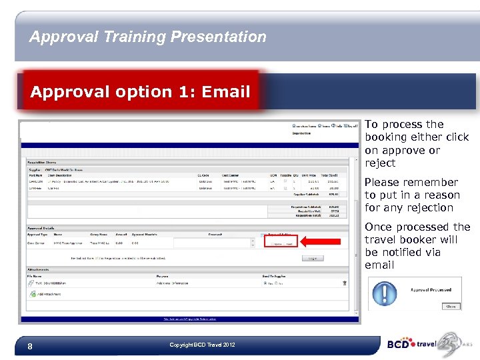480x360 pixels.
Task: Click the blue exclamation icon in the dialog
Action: pos(385,294)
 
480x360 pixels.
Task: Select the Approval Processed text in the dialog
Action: pos(431,289)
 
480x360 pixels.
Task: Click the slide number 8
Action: pos(30,346)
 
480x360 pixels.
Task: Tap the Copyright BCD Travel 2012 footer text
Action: pos(202,345)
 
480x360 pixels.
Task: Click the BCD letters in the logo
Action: pos(399,345)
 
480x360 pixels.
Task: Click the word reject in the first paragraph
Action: pos(380,163)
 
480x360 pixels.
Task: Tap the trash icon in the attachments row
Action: pos(344,283)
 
